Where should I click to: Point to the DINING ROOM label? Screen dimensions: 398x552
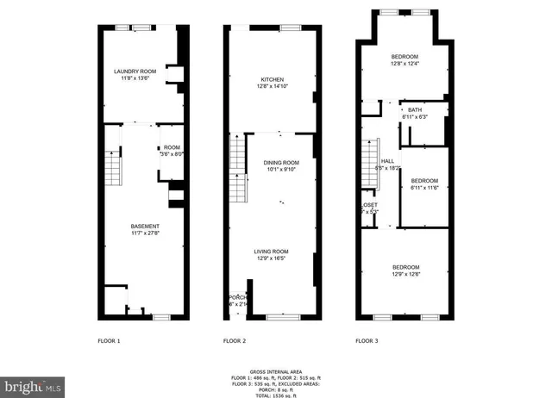[x=281, y=162]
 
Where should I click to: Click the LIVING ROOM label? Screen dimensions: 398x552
[x=273, y=251]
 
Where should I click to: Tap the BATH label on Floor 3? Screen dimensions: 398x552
[x=415, y=109]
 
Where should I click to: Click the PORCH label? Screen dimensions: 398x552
[x=235, y=298]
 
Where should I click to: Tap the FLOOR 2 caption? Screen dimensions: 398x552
[x=235, y=341]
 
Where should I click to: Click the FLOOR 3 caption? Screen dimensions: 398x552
[x=367, y=341]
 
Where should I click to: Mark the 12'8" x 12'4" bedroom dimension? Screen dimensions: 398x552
[x=405, y=63]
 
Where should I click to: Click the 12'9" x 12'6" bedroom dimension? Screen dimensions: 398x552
[x=405, y=274]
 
